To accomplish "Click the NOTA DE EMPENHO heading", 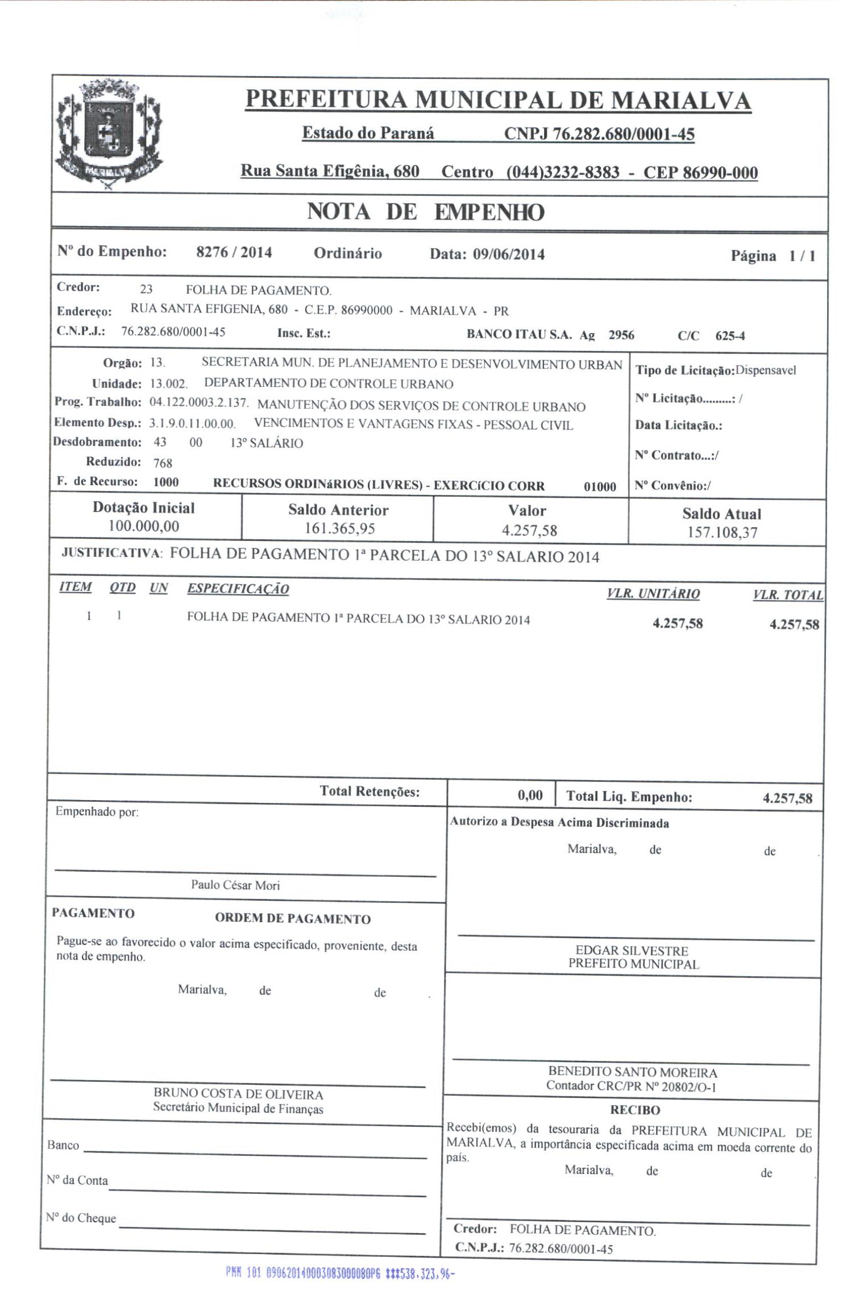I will (x=425, y=213).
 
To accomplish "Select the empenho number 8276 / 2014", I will (x=234, y=252).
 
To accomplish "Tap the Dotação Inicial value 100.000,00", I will (x=143, y=526).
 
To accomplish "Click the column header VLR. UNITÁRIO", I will (x=653, y=594).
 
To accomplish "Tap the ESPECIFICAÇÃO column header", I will (x=238, y=589).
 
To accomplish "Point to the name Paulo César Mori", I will (x=235, y=885).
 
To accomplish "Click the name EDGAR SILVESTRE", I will (x=632, y=950).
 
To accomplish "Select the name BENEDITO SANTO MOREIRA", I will (x=632, y=1072).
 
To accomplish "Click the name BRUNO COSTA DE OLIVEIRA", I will (x=238, y=1094).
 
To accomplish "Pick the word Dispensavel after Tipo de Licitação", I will (x=765, y=370).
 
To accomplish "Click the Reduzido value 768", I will (x=163, y=463).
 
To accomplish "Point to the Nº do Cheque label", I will (x=81, y=1218).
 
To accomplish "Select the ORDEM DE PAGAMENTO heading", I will (x=292, y=919).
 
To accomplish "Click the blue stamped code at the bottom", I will (x=340, y=1273).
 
